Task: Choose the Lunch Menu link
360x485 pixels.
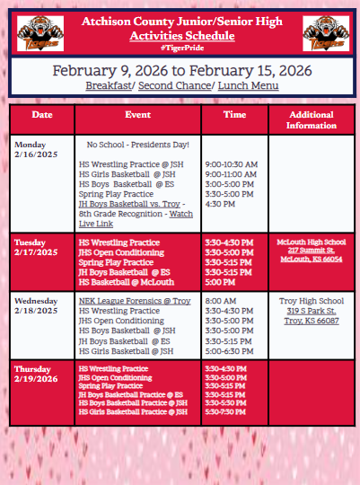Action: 245,85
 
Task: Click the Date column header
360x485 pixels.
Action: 42,116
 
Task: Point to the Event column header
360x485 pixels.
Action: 137,116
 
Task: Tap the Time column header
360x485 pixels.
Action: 234,116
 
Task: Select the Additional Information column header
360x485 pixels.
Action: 311,119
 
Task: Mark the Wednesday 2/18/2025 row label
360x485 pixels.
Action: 37,305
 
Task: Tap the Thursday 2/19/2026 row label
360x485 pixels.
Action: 35,373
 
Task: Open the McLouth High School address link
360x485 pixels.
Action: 311,250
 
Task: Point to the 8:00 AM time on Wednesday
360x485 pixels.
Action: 219,301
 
